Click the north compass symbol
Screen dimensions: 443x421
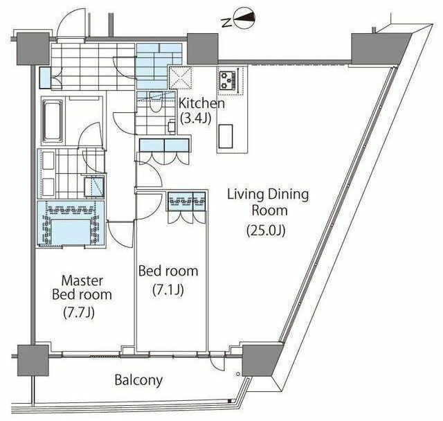(x=242, y=19)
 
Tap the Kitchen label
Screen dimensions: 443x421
(x=201, y=103)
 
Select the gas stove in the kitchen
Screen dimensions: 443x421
(x=228, y=81)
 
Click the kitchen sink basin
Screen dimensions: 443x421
(x=226, y=136)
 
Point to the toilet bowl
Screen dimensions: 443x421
(x=155, y=102)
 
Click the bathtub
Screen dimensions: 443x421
(x=53, y=121)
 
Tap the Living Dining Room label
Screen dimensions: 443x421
(x=268, y=203)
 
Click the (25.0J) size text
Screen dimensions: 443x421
(x=266, y=231)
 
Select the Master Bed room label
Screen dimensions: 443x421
(x=82, y=287)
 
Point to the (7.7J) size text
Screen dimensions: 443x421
(x=79, y=312)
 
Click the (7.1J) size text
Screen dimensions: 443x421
(x=168, y=289)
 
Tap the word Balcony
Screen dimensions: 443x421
(x=138, y=380)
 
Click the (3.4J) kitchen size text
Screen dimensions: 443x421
(x=195, y=118)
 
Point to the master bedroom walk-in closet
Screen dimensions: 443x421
(x=70, y=223)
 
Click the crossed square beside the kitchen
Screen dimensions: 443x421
(x=180, y=78)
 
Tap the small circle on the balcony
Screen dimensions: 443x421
(x=238, y=374)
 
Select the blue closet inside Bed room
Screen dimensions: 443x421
(x=187, y=201)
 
